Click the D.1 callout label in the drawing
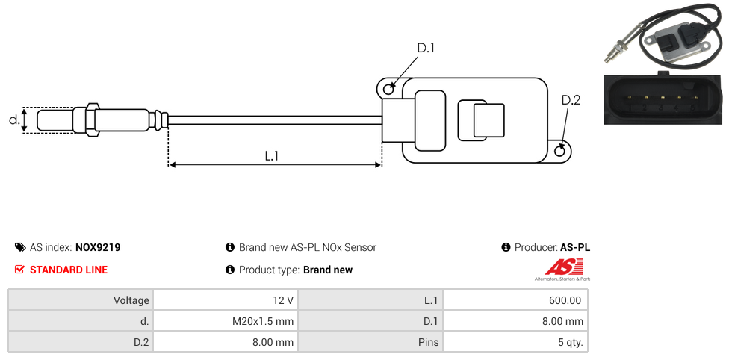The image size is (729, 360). [x=425, y=49]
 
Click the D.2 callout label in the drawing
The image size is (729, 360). [x=571, y=100]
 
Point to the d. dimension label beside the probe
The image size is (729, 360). [x=13, y=120]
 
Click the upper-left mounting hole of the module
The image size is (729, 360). [x=388, y=90]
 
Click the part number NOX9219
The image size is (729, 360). [x=98, y=247]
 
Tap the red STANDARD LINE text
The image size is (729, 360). [x=68, y=270]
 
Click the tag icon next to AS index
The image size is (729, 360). [x=20, y=247]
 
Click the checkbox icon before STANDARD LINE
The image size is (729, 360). [x=20, y=270]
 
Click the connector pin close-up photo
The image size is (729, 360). [x=663, y=98]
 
